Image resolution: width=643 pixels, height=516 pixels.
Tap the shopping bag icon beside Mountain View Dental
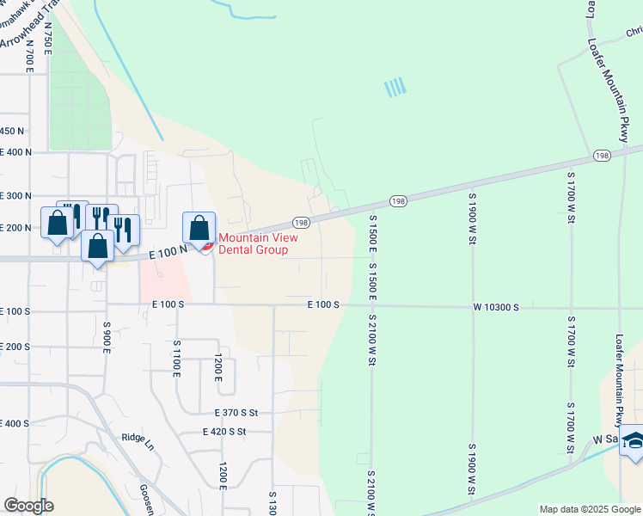pyautogui.click(x=199, y=229)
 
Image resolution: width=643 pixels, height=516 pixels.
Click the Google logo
pyautogui.click(x=28, y=506)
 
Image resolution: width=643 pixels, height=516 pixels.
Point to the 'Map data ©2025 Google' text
pyautogui.click(x=590, y=509)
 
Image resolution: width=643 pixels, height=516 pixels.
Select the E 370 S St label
pyautogui.click(x=230, y=413)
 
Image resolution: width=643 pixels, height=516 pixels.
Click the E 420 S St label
pyautogui.click(x=224, y=432)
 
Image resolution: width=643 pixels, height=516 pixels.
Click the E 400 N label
pyautogui.click(x=15, y=151)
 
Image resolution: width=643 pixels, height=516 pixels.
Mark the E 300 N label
pyautogui.click(x=15, y=196)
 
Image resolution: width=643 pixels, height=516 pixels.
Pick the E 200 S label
pyautogui.click(x=15, y=346)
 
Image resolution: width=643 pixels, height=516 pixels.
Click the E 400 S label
pyautogui.click(x=15, y=424)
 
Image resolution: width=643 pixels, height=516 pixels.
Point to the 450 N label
pyautogui.click(x=12, y=131)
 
